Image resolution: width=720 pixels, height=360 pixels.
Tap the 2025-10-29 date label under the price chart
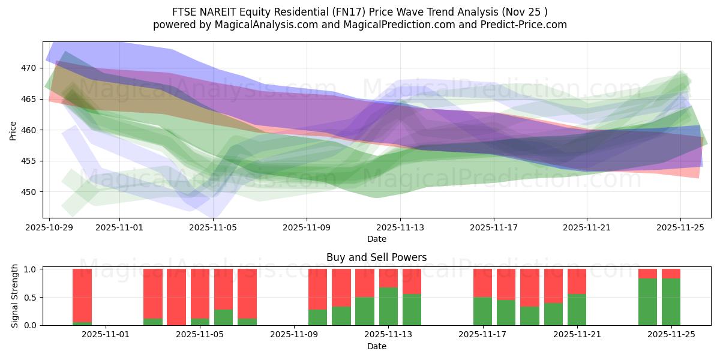click(49, 227)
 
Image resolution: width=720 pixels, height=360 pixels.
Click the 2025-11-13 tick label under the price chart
click(400, 227)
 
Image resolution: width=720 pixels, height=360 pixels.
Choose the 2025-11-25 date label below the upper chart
click(680, 227)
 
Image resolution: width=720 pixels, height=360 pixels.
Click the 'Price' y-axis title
click(13, 130)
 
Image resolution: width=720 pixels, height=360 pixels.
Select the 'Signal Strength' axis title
click(16, 296)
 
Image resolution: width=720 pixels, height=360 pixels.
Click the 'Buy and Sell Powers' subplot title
click(376, 257)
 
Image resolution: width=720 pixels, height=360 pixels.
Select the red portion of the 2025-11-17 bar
click(482, 283)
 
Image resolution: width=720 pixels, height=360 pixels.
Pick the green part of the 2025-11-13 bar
click(388, 306)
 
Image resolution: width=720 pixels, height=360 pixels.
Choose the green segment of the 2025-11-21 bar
click(577, 310)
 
